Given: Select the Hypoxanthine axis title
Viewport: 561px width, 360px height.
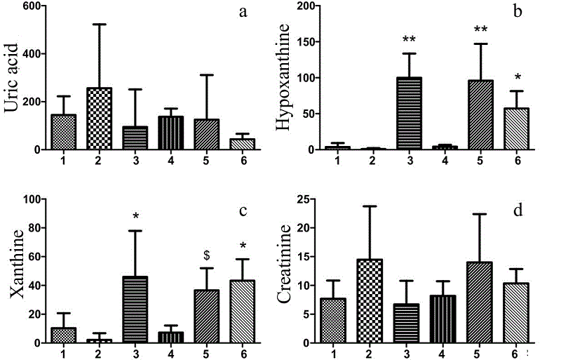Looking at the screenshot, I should (x=284, y=77).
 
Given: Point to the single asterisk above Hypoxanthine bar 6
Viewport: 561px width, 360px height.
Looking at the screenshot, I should (x=516, y=76).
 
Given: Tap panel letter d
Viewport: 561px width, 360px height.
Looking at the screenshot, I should (x=518, y=209).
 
